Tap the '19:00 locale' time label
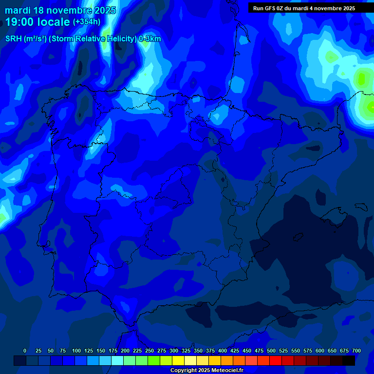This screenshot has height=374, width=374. tap(37, 22)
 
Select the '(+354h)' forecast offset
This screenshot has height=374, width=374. tap(87, 22)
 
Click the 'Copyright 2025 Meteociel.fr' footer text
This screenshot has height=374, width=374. tap(206, 371)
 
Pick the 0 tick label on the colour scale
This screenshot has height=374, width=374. tap(24, 351)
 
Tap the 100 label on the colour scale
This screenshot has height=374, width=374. tap(76, 351)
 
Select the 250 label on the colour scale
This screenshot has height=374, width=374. tap(150, 351)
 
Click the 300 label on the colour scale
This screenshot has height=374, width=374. tap(174, 351)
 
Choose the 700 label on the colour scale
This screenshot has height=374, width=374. tap(356, 351)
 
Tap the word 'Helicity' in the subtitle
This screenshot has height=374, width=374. tap(120, 39)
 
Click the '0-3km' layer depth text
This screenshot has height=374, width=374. tap(150, 39)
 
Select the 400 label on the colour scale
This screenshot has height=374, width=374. tap(223, 351)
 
